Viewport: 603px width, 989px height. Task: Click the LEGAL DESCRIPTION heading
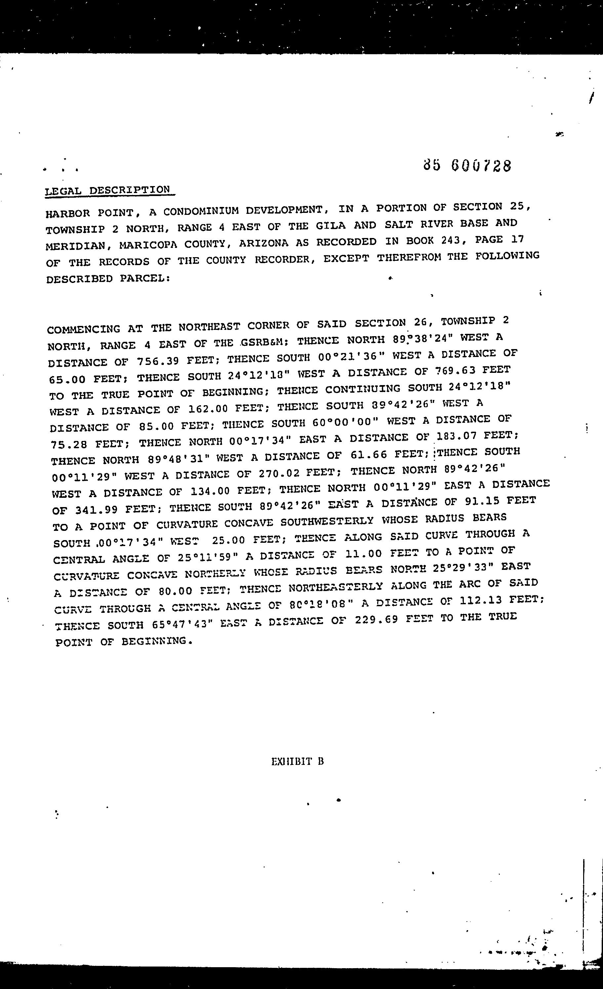coord(107,190)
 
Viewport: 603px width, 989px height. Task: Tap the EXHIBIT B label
coord(298,762)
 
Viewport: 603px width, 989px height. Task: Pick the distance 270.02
coord(279,473)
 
